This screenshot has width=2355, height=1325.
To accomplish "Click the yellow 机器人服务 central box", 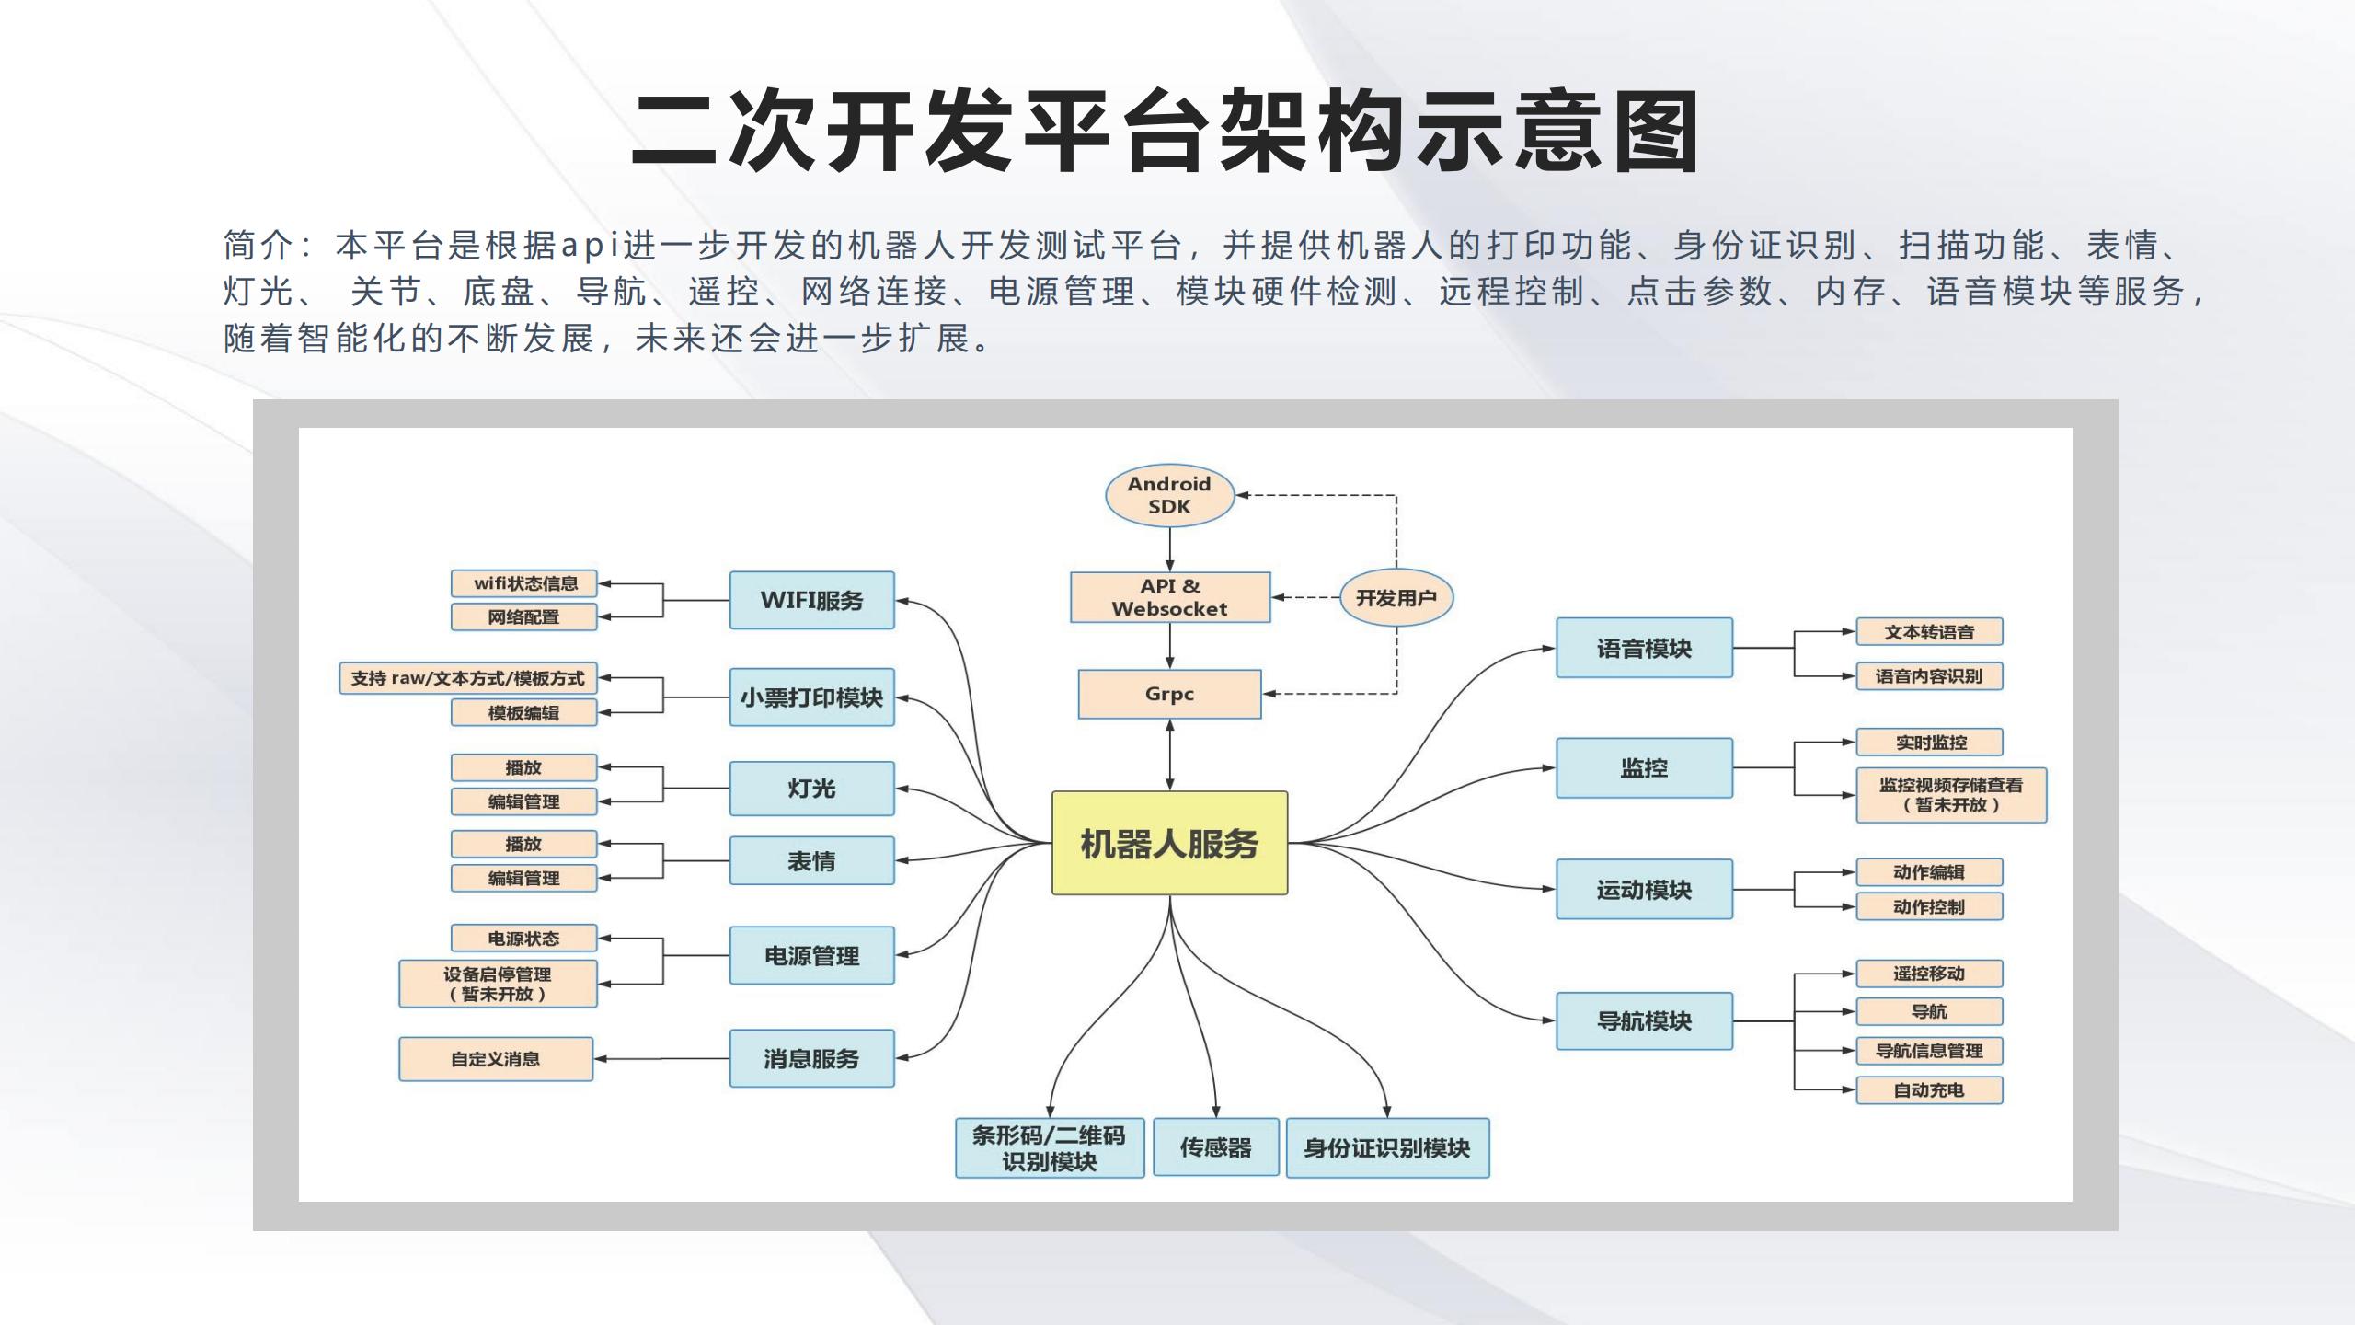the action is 1169,843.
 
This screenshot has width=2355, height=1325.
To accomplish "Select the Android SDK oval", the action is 1169,495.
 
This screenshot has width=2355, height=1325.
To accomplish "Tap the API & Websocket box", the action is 1170,597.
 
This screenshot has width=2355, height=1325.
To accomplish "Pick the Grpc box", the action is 1169,694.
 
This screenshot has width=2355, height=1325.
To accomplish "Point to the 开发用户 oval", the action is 1396,598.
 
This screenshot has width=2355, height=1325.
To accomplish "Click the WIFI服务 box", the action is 811,600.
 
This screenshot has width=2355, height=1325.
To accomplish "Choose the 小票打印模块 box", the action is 811,697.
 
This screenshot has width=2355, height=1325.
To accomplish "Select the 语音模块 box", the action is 1644,648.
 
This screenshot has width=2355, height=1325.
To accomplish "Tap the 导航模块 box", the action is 1644,1020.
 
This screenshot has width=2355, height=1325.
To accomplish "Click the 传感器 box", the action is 1216,1147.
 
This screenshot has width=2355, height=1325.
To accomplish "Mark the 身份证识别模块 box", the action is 1387,1147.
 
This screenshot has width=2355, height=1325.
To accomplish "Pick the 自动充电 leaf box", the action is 1929,1089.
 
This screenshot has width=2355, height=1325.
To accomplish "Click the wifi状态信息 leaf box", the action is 524,583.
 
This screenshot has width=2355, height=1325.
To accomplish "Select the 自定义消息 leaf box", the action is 496,1059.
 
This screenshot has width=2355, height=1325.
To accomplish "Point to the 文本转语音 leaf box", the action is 1929,632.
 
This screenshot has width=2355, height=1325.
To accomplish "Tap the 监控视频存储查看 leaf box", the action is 1951,795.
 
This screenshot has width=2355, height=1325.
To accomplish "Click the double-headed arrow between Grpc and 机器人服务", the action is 1170,755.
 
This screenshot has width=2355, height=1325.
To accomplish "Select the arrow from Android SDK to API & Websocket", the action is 1170,549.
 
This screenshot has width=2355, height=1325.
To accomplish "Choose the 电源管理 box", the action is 811,955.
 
